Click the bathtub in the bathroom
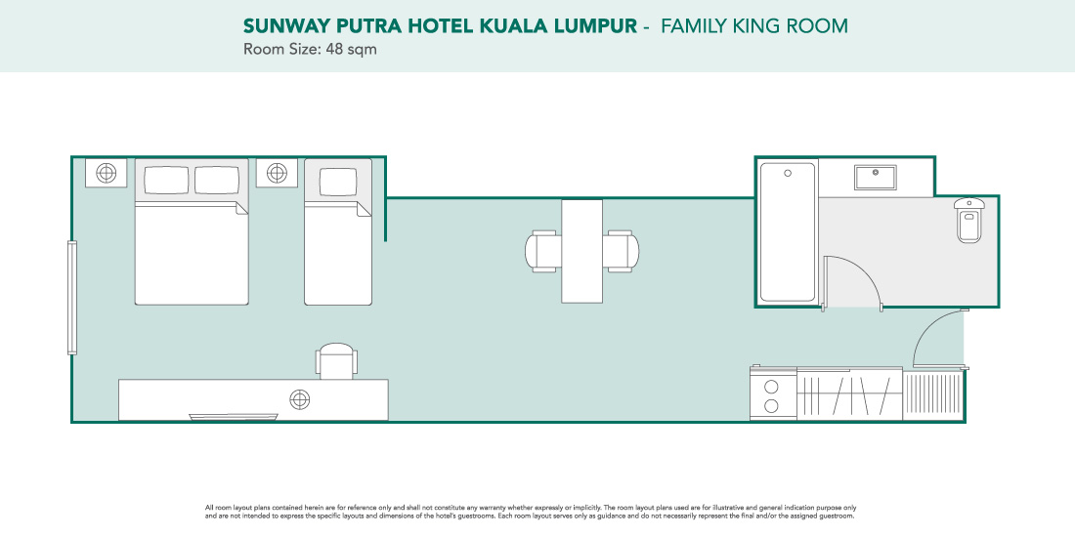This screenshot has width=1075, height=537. (x=788, y=231)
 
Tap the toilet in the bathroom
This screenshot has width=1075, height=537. (x=968, y=220)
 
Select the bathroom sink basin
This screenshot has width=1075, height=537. (x=875, y=177)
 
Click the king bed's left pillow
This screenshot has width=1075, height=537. (x=166, y=181)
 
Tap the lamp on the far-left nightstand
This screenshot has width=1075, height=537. (x=107, y=173)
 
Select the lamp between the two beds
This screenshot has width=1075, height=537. (x=277, y=173)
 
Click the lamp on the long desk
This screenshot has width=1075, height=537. (x=300, y=399)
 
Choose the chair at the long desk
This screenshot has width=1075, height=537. (x=336, y=361)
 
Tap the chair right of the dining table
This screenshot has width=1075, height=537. (x=622, y=251)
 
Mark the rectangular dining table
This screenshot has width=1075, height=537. (x=582, y=251)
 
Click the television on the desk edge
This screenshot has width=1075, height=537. (x=234, y=417)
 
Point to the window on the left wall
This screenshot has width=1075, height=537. (x=72, y=298)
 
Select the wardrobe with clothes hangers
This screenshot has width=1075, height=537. (x=849, y=393)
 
